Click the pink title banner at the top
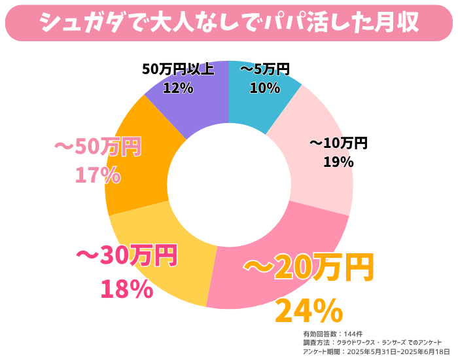tap(229, 22)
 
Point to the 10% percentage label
tap(265, 87)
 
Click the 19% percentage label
tap(338, 161)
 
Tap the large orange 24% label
tap(309, 310)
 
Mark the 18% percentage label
tap(127, 288)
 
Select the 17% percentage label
tap(97, 175)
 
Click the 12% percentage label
tap(178, 87)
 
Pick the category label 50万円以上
tap(178, 69)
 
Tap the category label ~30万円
tap(127, 255)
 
